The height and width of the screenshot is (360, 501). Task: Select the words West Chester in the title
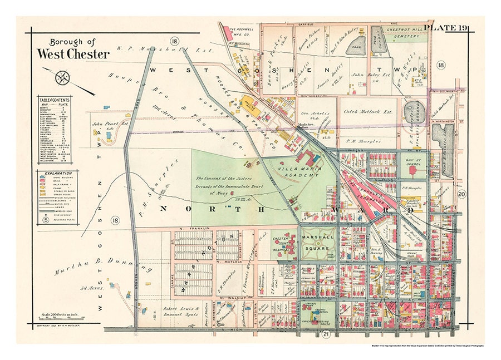click(x=73, y=54)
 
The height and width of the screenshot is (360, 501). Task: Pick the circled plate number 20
click(x=461, y=194)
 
